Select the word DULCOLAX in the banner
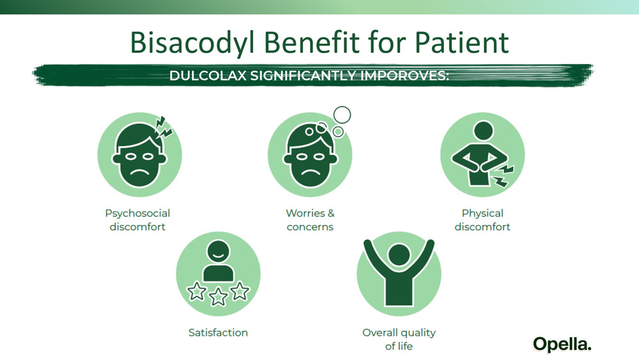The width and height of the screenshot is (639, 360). pyautogui.click(x=208, y=76)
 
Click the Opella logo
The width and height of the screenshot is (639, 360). pyautogui.click(x=562, y=345)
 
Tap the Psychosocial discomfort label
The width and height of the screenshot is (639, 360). pyautogui.click(x=138, y=220)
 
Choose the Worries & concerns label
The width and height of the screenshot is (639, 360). pyautogui.click(x=310, y=220)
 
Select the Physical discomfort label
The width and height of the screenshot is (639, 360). pyautogui.click(x=482, y=220)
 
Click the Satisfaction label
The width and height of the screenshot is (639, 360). pyautogui.click(x=218, y=333)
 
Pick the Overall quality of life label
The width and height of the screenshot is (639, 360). pyautogui.click(x=399, y=339)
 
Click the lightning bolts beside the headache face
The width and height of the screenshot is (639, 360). pyautogui.click(x=164, y=127)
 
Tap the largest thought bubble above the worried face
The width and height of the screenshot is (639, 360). pyautogui.click(x=342, y=115)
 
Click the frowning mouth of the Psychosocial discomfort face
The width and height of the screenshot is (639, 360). pyautogui.click(x=139, y=171)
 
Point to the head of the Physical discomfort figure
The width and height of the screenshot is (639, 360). pyautogui.click(x=483, y=131)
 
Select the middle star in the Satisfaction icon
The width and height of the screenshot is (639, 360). pyautogui.click(x=218, y=297)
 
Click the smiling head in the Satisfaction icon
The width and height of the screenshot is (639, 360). pyautogui.click(x=218, y=251)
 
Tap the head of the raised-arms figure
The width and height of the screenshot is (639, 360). pyautogui.click(x=399, y=254)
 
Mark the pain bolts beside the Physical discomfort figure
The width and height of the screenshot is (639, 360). pyautogui.click(x=504, y=176)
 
